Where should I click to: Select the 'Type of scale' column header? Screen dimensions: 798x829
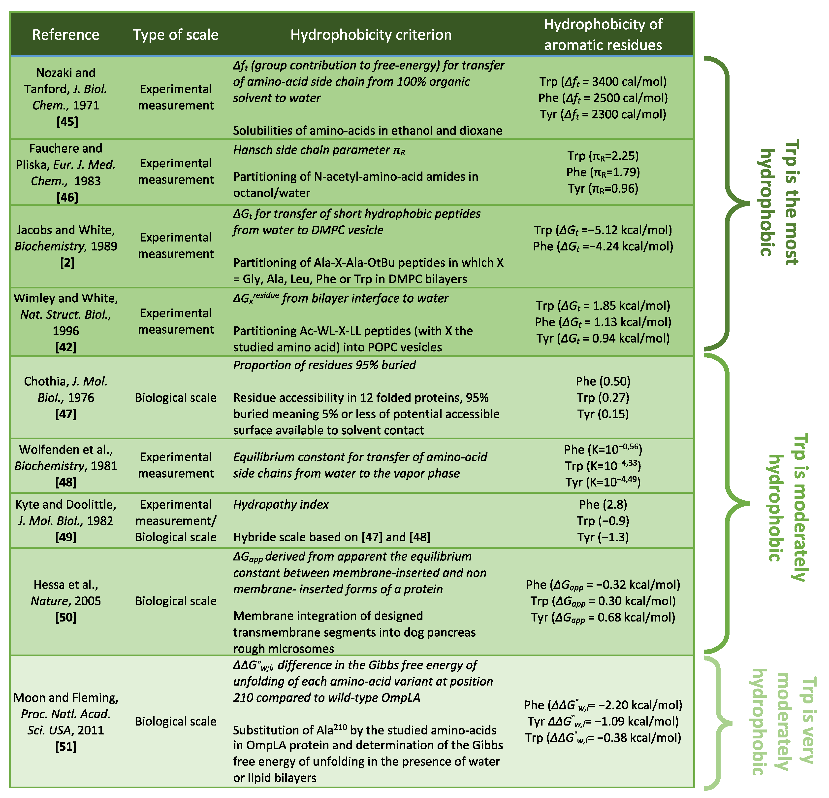click(x=176, y=35)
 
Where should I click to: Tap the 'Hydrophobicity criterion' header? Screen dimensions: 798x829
click(x=371, y=35)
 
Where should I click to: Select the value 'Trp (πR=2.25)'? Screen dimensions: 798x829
click(x=603, y=156)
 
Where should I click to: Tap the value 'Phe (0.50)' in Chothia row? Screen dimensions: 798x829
click(x=603, y=381)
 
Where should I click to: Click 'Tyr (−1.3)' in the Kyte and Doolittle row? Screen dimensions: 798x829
click(x=603, y=537)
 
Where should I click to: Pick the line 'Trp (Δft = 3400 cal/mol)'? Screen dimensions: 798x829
click(x=603, y=82)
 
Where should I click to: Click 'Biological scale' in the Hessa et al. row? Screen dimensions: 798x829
click(x=176, y=601)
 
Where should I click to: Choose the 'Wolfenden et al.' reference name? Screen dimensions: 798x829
click(x=65, y=449)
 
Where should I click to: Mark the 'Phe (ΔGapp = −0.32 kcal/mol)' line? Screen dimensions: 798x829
click(x=603, y=585)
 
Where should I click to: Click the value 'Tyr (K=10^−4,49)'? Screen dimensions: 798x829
click(x=603, y=482)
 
